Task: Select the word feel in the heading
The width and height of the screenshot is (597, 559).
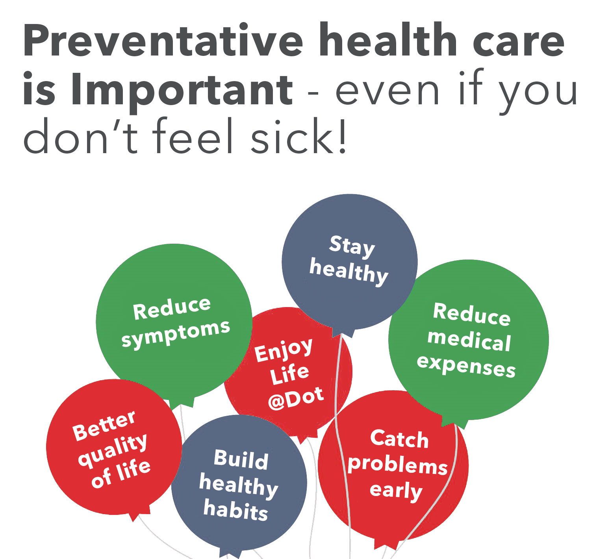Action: [x=193, y=136]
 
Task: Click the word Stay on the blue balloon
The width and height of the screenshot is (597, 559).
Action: [x=352, y=247]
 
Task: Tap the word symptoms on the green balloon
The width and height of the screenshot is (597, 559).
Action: [x=176, y=333]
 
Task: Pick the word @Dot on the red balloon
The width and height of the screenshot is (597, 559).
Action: [x=296, y=399]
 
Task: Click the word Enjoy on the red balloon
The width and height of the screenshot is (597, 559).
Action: [x=283, y=350]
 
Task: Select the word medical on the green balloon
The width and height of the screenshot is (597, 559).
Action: [x=469, y=341]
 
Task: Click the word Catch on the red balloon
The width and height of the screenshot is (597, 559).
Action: [x=399, y=439]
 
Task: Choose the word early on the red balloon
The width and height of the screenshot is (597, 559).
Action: [x=396, y=491]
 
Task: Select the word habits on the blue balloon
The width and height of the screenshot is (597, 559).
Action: [x=235, y=510]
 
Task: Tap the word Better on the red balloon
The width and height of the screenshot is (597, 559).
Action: [x=104, y=426]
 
